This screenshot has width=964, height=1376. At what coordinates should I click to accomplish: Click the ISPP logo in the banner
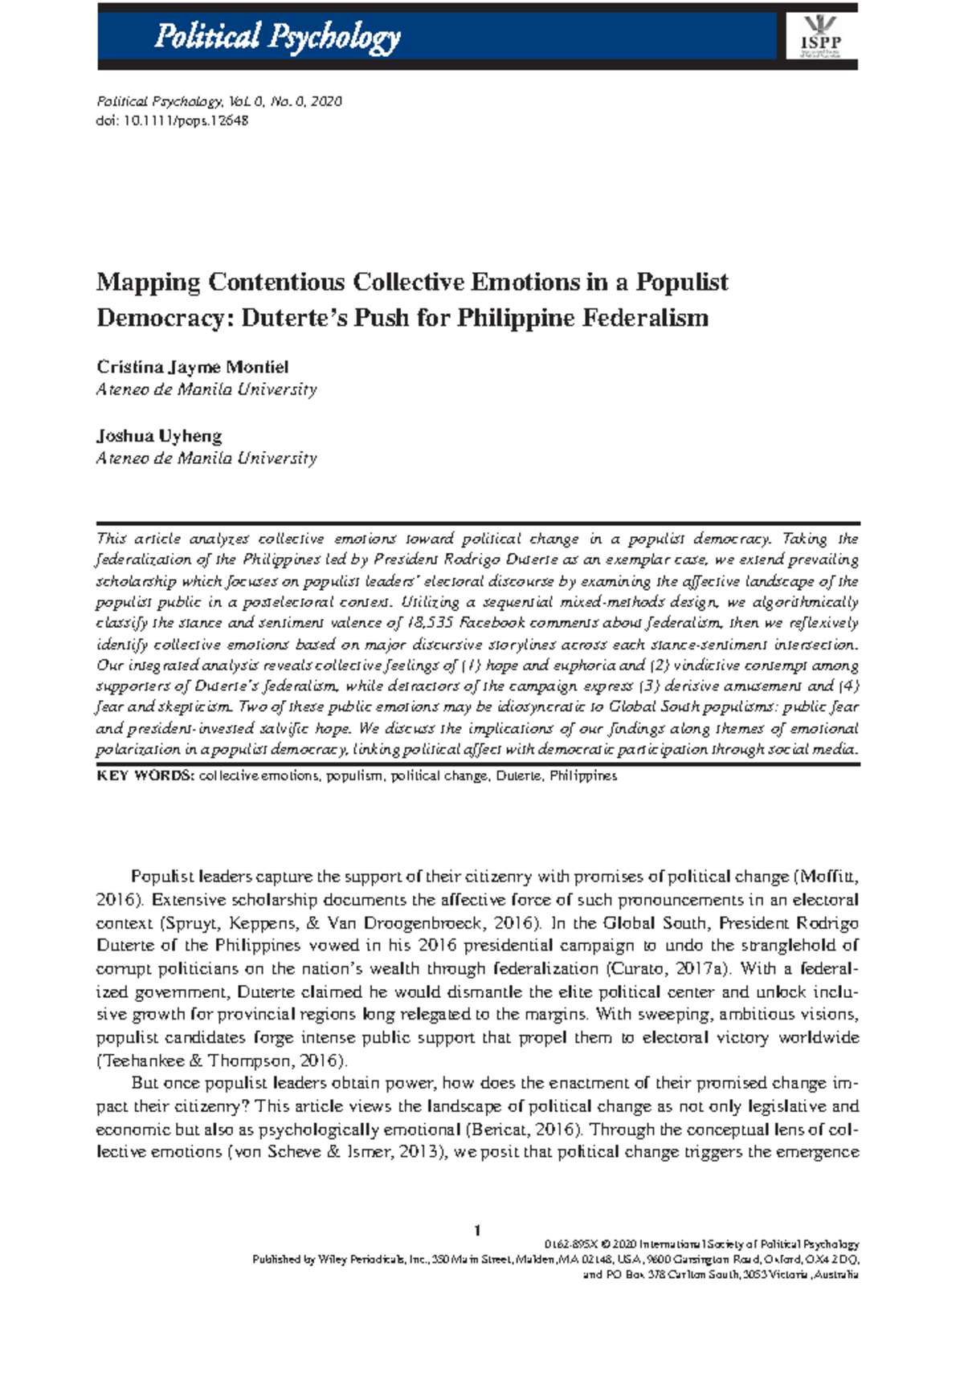[x=819, y=37]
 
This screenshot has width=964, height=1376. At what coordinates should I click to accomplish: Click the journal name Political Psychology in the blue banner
[x=277, y=37]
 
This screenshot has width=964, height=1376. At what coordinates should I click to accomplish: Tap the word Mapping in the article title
[x=148, y=283]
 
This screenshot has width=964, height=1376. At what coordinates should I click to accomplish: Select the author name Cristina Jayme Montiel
[x=192, y=368]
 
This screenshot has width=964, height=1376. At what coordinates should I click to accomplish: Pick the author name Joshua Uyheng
[x=159, y=437]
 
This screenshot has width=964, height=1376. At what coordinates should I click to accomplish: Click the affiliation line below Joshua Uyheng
[x=206, y=458]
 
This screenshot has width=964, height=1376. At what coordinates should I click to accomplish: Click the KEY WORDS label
[x=145, y=776]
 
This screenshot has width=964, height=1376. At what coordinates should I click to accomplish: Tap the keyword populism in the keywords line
[x=354, y=776]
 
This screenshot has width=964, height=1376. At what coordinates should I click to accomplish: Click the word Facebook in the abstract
[x=492, y=623]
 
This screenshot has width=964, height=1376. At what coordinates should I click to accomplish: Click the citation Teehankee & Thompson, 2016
[x=221, y=1060]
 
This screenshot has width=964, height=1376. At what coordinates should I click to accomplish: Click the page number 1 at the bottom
[x=477, y=1231]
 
